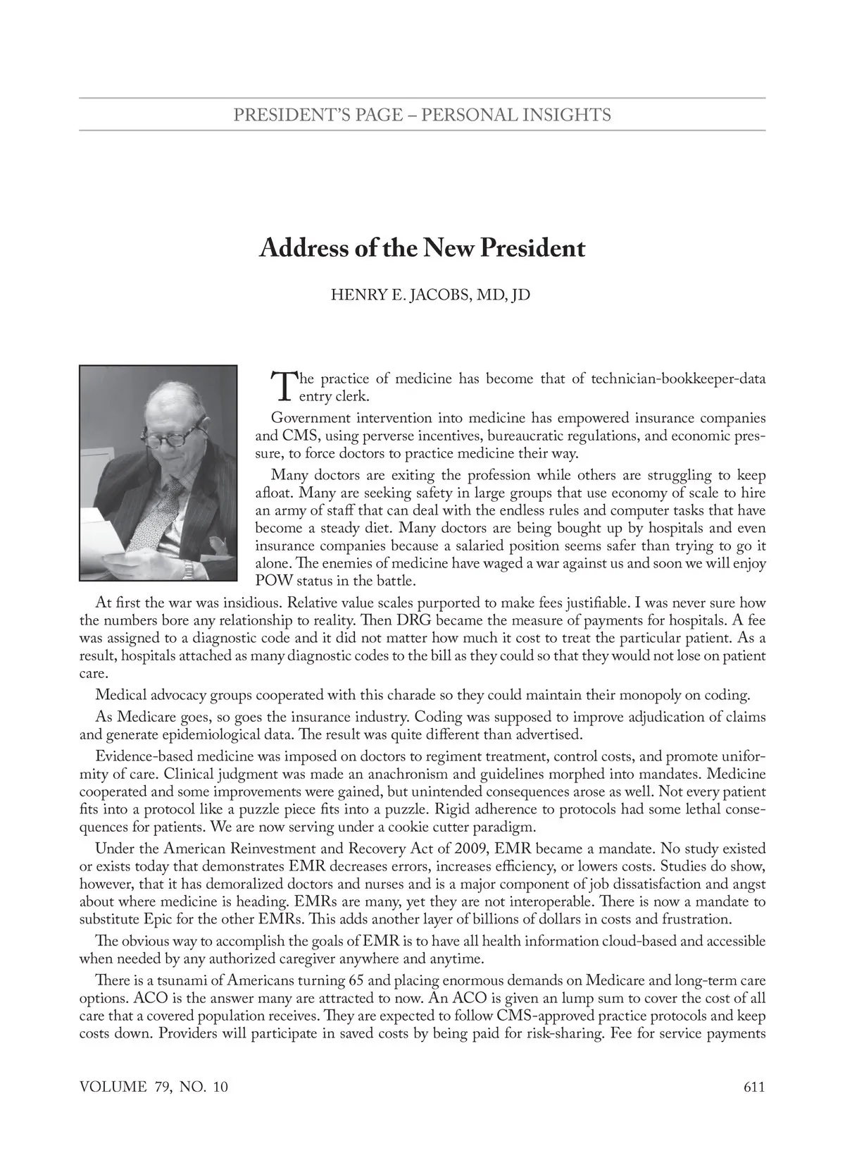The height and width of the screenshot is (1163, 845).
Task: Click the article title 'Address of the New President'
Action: click(422, 248)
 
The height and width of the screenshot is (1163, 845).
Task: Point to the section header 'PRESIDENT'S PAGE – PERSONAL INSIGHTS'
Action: click(422, 114)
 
